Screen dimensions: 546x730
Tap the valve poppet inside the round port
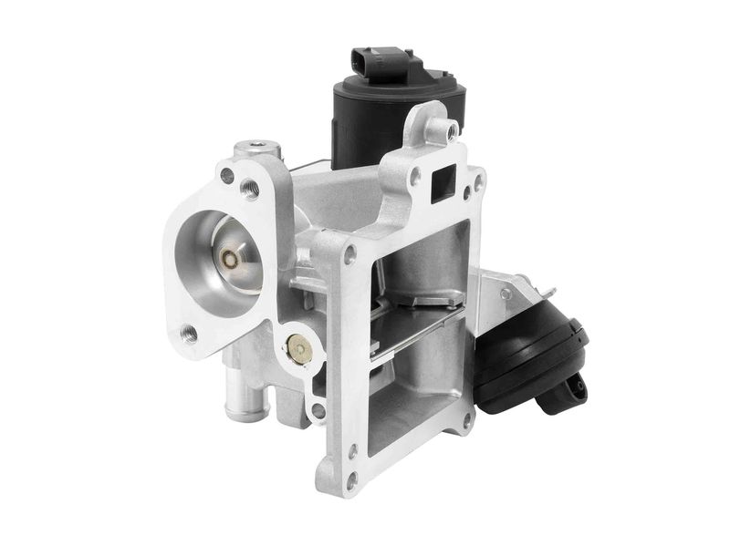coord(231,259)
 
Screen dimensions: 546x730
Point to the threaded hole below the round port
coord(190,334)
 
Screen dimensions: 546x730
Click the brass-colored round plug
coord(298,346)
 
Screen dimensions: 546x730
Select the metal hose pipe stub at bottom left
coord(245,397)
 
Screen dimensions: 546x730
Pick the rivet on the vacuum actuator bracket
coord(505,294)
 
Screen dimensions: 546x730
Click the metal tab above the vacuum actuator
coord(547,290)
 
